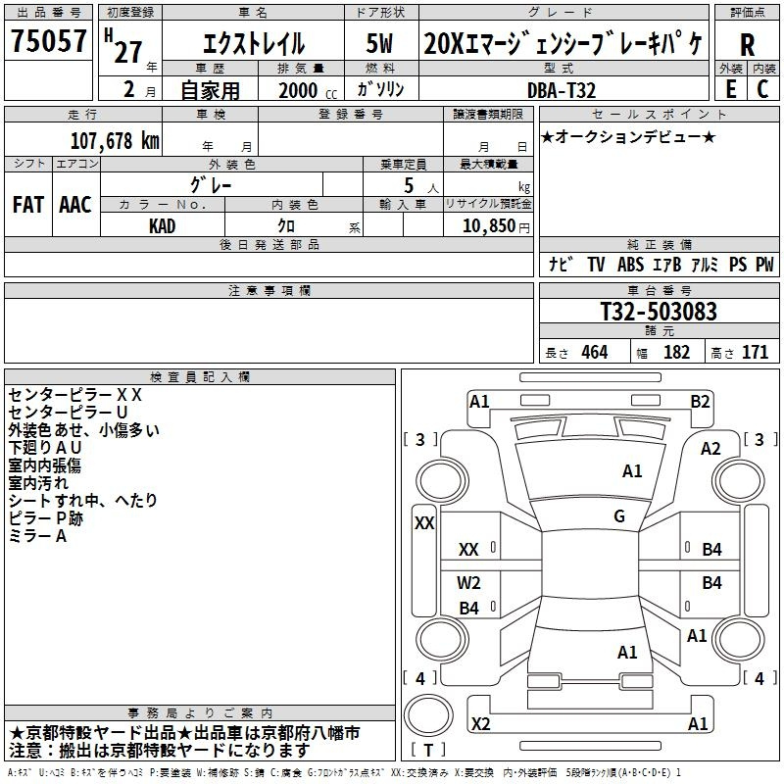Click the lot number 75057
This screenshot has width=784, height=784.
coord(48,40)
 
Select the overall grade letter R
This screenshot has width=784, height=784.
coord(747,45)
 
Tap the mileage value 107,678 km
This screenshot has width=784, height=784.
coord(115,140)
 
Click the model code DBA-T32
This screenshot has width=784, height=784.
coord(562,90)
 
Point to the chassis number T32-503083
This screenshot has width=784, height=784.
coord(659,311)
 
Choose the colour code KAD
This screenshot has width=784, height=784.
coord(162,226)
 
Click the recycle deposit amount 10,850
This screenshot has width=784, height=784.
coord(489,225)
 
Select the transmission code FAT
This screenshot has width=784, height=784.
coord(28,205)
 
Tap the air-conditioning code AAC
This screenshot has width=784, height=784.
coord(75,205)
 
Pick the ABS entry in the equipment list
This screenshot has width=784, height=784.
coord(630,265)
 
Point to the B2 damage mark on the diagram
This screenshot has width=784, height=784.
coord(700,402)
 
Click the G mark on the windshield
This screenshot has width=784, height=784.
coord(619,516)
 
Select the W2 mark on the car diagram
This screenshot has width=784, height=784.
coord(468,582)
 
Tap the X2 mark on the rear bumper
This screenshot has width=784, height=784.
coord(480,723)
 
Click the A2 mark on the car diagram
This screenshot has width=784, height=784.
coord(710,449)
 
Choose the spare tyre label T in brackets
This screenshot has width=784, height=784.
coord(428,750)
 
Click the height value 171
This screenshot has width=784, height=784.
coord(755,352)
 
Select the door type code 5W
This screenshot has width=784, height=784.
coord(379,43)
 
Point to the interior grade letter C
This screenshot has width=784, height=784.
coord(762,89)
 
